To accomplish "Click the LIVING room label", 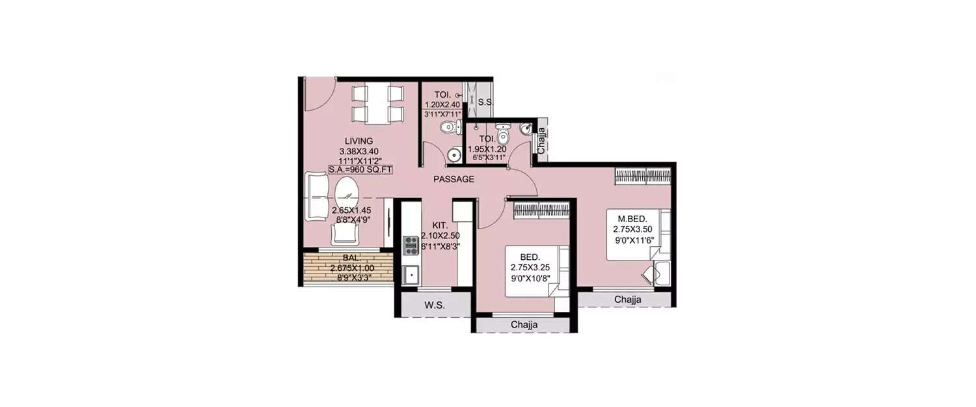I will (359, 141).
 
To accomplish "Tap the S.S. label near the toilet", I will (485, 103).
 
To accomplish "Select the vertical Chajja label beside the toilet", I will (541, 139).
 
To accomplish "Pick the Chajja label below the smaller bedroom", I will (524, 324).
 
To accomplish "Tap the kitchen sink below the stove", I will (411, 274).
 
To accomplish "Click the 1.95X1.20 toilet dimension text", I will (487, 149).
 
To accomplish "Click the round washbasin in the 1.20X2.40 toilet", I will (453, 155).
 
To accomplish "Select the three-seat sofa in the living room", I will (316, 196).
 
